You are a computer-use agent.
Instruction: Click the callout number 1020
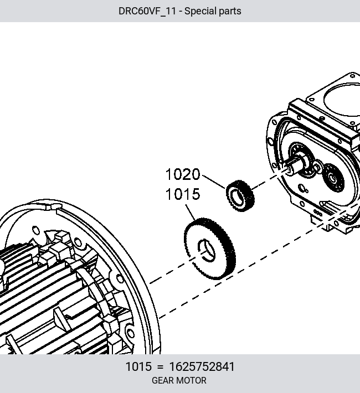click(183, 174)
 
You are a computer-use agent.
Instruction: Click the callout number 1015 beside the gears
click(183, 194)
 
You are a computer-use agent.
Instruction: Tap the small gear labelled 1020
click(240, 195)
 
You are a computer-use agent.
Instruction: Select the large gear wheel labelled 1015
click(210, 249)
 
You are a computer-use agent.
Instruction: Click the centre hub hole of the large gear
click(207, 250)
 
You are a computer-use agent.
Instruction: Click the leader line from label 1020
click(214, 182)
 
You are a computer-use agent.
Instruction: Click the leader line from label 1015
click(191, 213)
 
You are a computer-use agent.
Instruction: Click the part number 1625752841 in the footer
click(202, 366)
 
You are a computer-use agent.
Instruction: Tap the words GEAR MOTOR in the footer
click(179, 380)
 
